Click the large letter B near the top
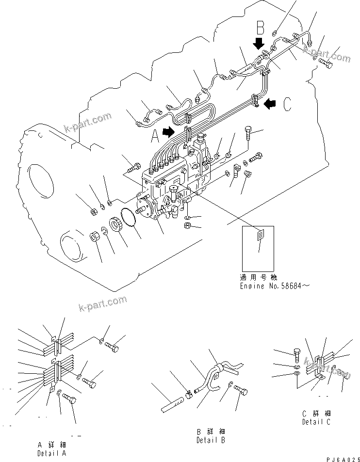[x=261, y=27]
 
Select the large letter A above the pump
[x=155, y=137]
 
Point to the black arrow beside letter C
[x=270, y=102]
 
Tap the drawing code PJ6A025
[x=341, y=458]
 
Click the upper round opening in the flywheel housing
[x=40, y=180]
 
